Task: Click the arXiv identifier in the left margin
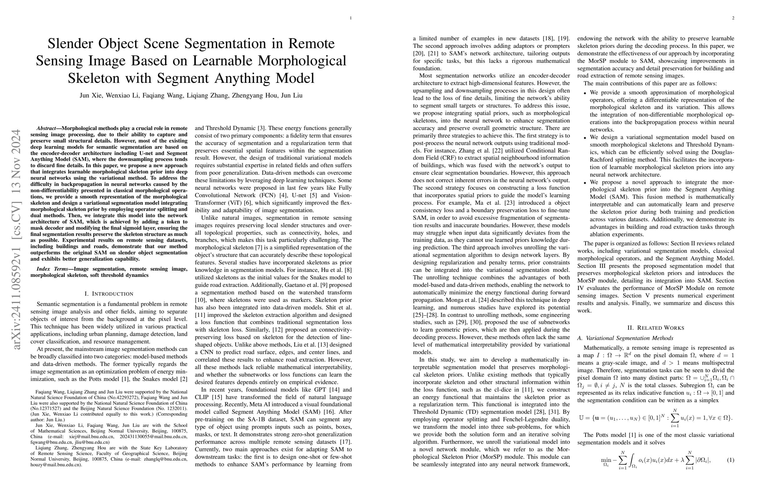16,239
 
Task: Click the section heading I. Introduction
109,294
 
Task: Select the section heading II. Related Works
656,328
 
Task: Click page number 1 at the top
351,18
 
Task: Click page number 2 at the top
733,18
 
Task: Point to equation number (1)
730,460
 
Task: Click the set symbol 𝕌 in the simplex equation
581,418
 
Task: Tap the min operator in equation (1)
606,460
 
